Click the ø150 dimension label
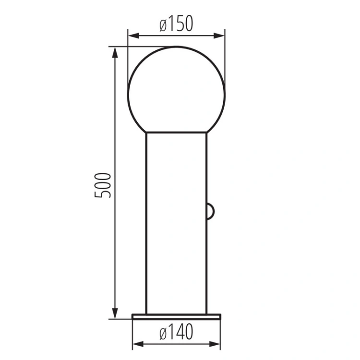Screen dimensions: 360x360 point(176,24)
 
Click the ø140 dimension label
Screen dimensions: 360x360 point(176,332)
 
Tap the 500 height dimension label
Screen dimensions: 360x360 point(103,185)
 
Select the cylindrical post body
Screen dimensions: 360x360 point(176,223)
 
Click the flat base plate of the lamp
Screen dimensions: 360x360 point(176,317)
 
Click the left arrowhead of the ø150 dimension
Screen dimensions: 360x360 point(133,36)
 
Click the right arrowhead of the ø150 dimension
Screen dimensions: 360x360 point(219,36)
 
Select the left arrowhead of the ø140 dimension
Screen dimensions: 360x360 point(138,344)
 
